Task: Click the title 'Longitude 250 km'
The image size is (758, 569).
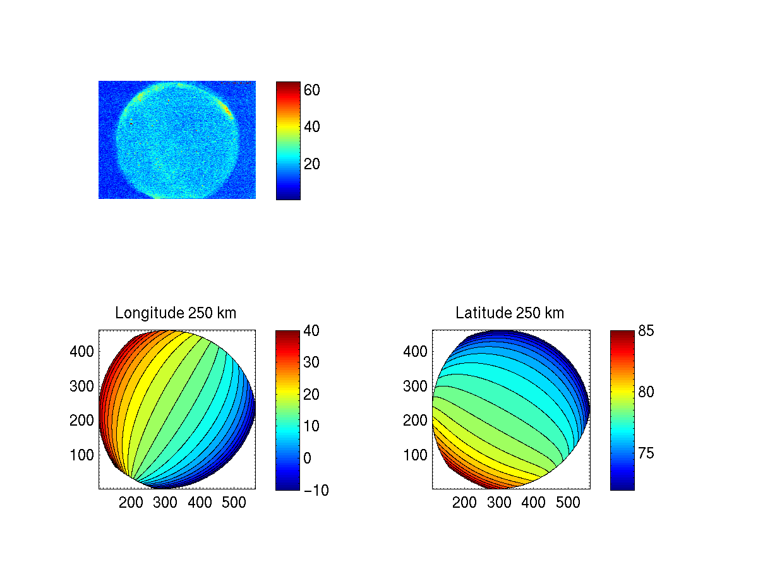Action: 176,313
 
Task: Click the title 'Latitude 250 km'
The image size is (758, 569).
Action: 510,313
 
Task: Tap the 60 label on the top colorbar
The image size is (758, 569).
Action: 312,90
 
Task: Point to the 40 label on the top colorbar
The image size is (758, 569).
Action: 312,127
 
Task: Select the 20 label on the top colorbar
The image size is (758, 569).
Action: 312,164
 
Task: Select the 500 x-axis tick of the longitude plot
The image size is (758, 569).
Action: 235,503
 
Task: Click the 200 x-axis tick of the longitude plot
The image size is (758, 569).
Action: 131,503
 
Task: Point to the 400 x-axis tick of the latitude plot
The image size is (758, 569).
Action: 534,503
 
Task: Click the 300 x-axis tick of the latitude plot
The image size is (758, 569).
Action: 500,503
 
